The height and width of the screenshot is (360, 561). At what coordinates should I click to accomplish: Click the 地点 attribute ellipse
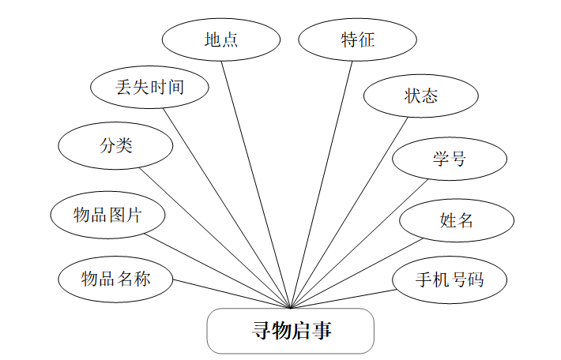[x=221, y=39]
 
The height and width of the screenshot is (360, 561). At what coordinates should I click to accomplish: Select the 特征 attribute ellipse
[x=358, y=39]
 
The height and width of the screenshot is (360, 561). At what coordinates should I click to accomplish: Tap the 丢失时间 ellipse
[x=149, y=87]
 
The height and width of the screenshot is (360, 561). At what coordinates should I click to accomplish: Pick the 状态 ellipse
[x=420, y=96]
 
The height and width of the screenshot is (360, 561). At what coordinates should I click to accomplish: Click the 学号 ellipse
[x=449, y=159]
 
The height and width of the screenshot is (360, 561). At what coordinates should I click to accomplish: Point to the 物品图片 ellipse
[x=107, y=214]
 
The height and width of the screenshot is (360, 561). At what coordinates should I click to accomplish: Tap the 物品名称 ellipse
[x=115, y=279]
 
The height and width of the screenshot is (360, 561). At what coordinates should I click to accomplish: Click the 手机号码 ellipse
[x=450, y=279]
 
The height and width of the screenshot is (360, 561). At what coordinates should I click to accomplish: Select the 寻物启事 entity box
[x=290, y=331]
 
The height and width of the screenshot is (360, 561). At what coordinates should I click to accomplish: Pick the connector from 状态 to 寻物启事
[x=350, y=212]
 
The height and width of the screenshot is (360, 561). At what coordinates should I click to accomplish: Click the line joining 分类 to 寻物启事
[x=216, y=238]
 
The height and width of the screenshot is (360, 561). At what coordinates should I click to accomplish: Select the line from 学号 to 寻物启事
[x=360, y=244]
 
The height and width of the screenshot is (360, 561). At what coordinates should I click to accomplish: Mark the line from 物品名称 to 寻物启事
[x=232, y=294]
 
